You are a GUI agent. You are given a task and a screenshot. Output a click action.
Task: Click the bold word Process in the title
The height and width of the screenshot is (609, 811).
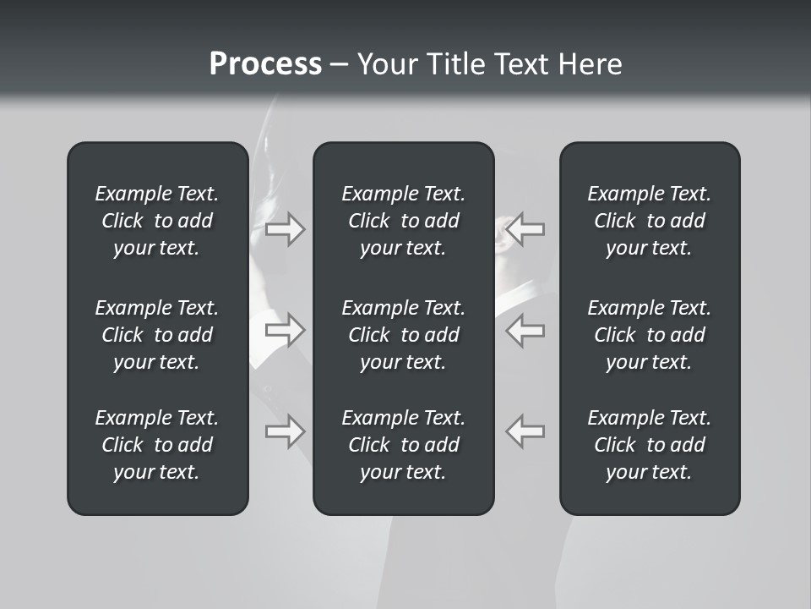coord(265,64)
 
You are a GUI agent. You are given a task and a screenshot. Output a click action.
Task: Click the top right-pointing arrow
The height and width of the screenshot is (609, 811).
coord(285,228)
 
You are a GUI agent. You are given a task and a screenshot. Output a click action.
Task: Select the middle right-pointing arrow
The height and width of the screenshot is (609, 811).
coord(285,330)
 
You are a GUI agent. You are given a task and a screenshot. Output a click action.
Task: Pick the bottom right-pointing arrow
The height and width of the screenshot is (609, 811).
coord(285,431)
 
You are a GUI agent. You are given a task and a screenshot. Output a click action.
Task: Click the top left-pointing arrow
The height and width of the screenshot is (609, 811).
coord(525,228)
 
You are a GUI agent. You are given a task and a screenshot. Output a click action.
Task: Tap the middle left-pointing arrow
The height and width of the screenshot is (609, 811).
coord(525,330)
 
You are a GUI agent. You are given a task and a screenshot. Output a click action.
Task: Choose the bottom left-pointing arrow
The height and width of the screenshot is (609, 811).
coord(525,431)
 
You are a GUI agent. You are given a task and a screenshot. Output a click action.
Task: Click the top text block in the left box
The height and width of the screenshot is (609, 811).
coord(157,221)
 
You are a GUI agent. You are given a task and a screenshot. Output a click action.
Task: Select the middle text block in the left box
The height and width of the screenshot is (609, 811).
coord(157,335)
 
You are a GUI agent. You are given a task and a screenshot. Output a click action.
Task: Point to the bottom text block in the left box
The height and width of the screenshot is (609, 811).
coord(157,445)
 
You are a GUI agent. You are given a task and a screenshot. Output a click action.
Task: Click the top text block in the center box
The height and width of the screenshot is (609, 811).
coord(404,221)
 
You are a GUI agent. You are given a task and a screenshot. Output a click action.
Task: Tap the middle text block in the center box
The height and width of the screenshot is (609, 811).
coord(404,335)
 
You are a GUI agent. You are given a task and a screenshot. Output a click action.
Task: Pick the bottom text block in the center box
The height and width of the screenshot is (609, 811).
coord(404,445)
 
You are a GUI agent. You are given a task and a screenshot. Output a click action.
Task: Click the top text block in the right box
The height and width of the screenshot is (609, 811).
coord(650,221)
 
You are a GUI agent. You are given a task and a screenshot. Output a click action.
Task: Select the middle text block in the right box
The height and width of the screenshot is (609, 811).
coord(650,335)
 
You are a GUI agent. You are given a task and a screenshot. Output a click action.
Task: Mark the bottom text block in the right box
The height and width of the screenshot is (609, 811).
coord(650,445)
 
